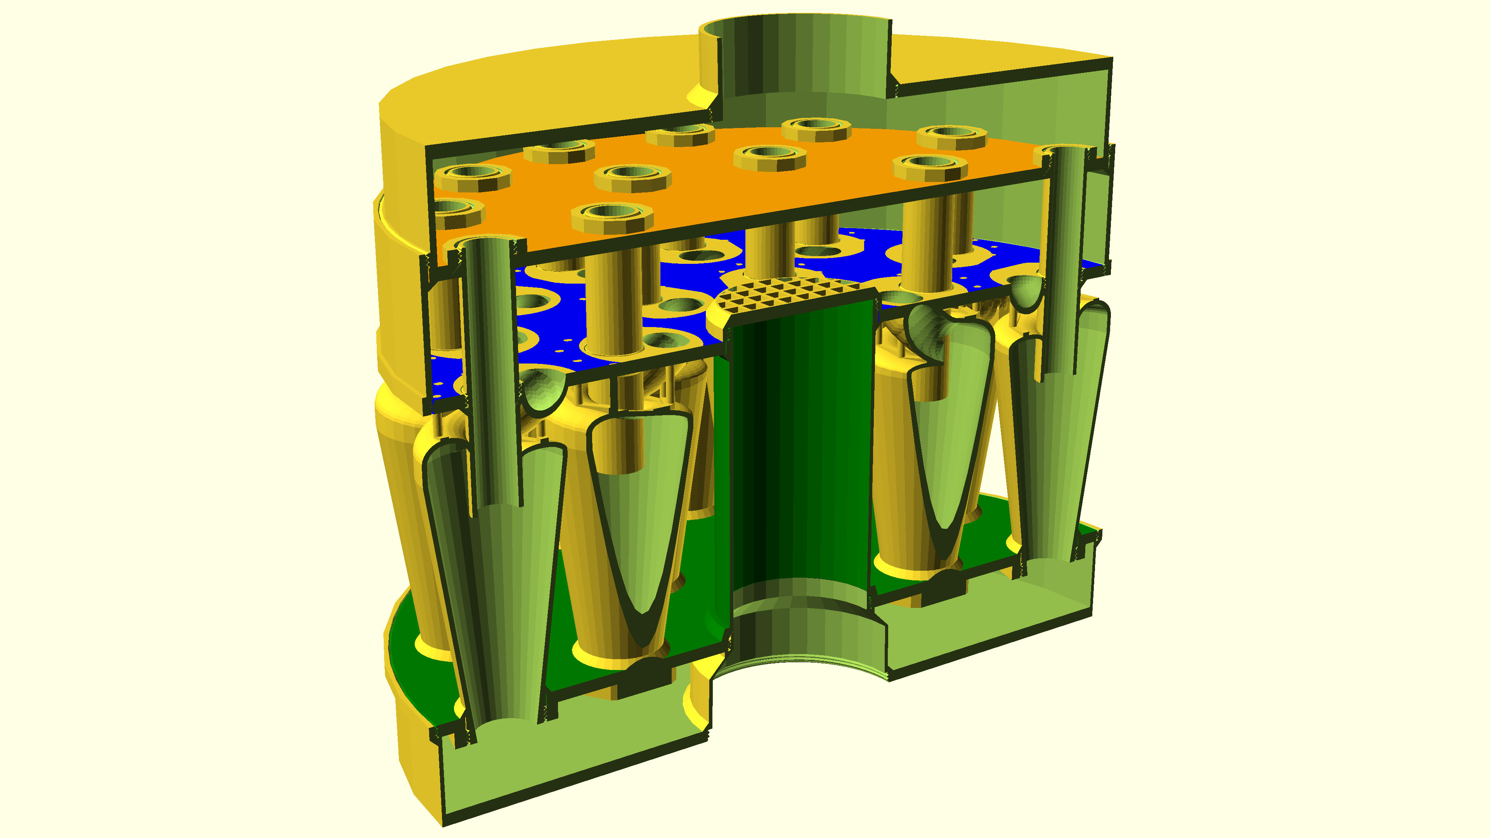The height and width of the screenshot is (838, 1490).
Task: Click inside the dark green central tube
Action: pyautogui.click(x=801, y=451)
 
